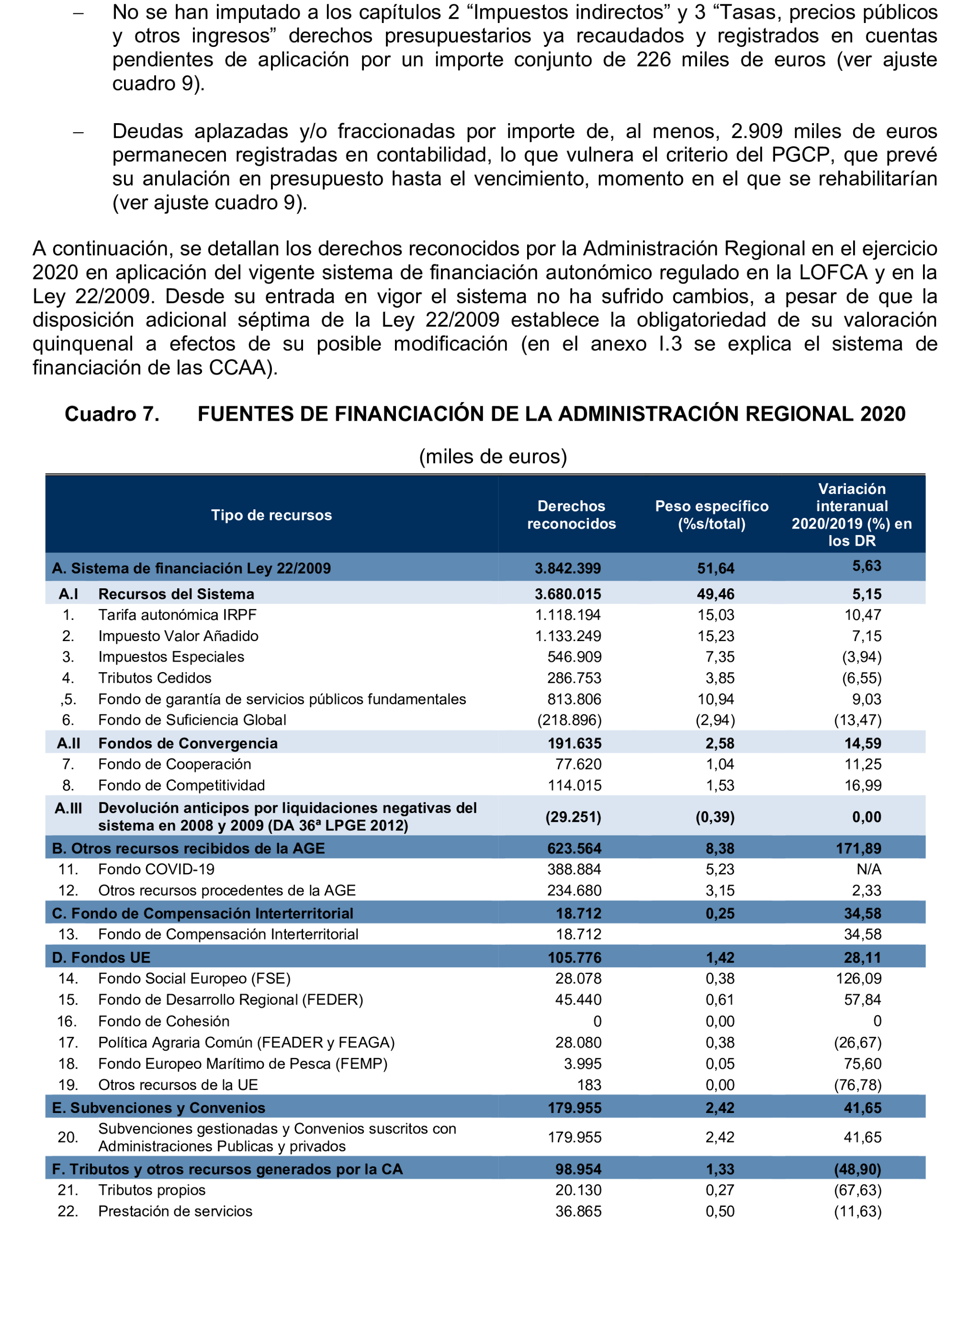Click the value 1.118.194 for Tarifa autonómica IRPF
pyautogui.click(x=568, y=615)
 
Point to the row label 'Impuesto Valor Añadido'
pyautogui.click(x=178, y=636)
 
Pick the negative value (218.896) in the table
pyautogui.click(x=569, y=720)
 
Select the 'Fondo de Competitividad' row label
pyautogui.click(x=181, y=785)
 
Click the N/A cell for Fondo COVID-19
pyautogui.click(x=868, y=869)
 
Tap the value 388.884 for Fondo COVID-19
pyautogui.click(x=574, y=869)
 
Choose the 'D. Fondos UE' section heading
pyautogui.click(x=101, y=957)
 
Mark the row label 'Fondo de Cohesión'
pyautogui.click(x=164, y=1021)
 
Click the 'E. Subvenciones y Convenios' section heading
pyautogui.click(x=158, y=1108)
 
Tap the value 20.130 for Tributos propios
pyautogui.click(x=578, y=1190)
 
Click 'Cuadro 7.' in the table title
pyautogui.click(x=112, y=414)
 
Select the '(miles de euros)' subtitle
pyautogui.click(x=493, y=456)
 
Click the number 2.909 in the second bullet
pyautogui.click(x=756, y=131)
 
